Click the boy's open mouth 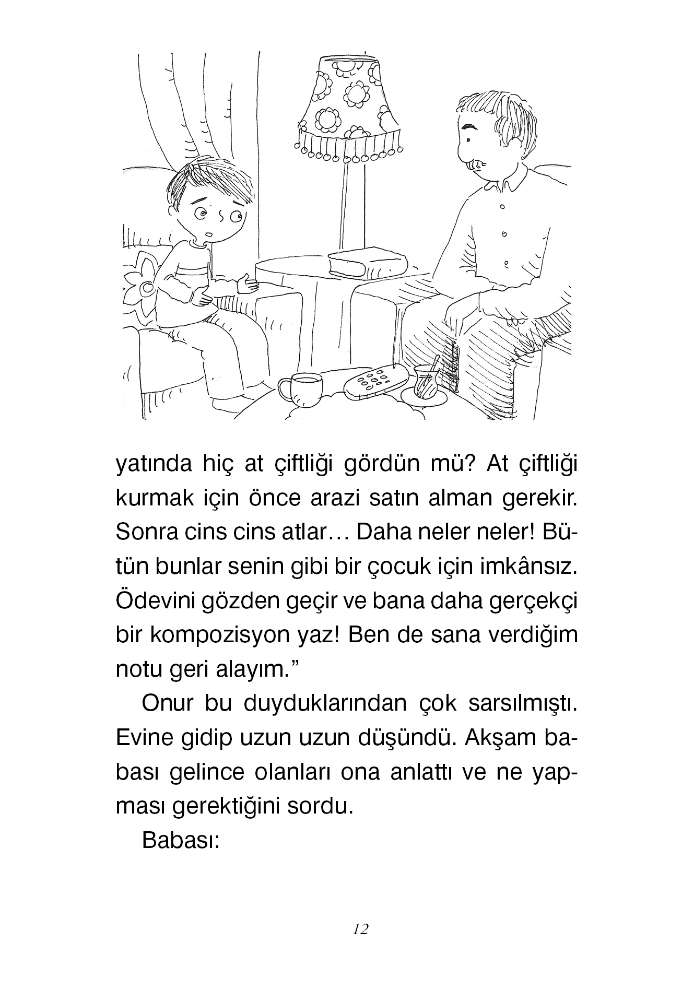209,233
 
